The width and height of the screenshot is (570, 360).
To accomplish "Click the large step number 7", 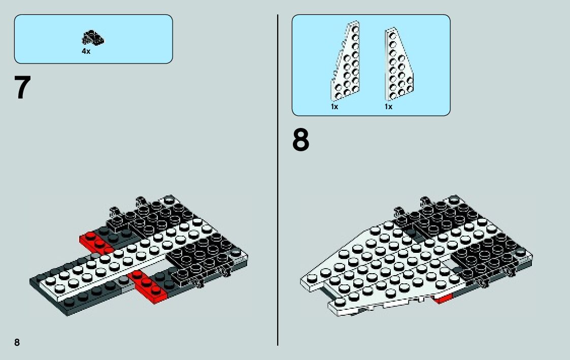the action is tap(23, 88).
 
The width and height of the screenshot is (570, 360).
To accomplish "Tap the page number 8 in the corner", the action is tap(17, 342).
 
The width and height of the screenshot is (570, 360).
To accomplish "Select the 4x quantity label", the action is tap(86, 51).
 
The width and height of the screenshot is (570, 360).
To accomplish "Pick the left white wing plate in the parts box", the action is tap(346, 63).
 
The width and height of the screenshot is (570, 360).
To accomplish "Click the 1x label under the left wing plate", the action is tap(334, 107).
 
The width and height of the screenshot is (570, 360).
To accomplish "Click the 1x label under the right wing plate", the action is tap(388, 107).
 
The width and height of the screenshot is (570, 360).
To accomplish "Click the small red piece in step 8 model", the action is tap(443, 299).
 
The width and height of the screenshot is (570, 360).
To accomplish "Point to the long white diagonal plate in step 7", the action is tap(127, 254).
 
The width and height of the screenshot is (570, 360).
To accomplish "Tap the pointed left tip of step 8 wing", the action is tap(305, 279).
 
